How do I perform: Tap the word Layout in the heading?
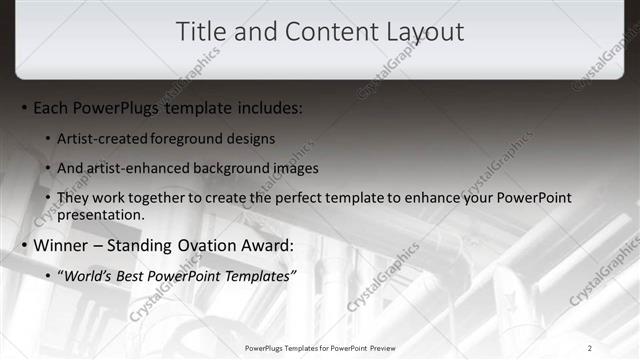point(424,31)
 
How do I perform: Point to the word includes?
point(268,107)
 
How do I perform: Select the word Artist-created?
point(103,138)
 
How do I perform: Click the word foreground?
point(192,138)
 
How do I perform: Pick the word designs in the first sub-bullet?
point(252,138)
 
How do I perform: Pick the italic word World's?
point(91,275)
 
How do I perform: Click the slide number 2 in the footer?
point(590,347)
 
